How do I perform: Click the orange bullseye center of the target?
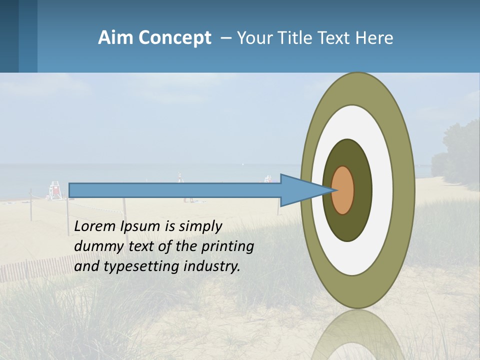[x=343, y=190]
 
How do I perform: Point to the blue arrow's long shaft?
[x=175, y=190]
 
